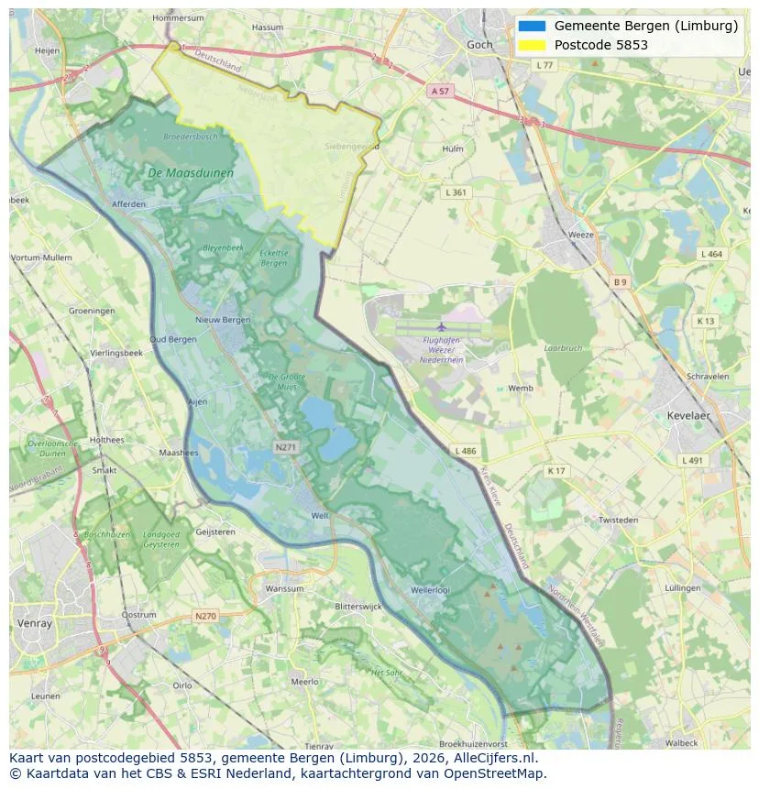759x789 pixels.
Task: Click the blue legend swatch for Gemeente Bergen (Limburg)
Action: pos(532,26)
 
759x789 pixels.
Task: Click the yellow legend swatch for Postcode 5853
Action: pos(532,45)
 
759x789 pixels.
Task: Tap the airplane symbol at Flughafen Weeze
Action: pos(442,327)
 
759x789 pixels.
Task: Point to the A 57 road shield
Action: pos(440,91)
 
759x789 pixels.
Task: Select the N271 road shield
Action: pos(285,447)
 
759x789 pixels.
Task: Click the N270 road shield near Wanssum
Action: pos(205,616)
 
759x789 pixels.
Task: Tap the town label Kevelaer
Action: pos(688,415)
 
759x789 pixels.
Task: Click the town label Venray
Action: pos(35,623)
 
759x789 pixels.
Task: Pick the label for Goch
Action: pos(478,44)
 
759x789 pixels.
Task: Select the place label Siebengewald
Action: pos(352,146)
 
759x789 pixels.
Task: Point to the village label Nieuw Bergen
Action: pos(223,320)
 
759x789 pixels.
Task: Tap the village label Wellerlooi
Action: pos(430,590)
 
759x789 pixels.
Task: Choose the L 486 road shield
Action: pos(465,451)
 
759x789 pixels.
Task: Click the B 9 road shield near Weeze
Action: pos(621,282)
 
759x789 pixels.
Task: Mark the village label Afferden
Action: pos(127,203)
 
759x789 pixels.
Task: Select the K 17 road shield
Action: pos(556,471)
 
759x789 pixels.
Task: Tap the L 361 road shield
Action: pos(455,192)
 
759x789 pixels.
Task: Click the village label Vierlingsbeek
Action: pos(116,353)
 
